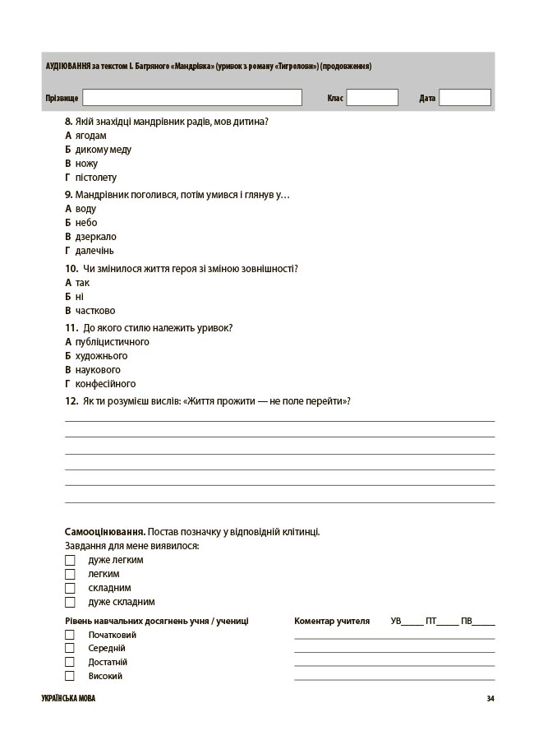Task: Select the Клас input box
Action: click(x=371, y=98)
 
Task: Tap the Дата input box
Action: click(x=464, y=98)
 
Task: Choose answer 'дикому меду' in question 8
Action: click(x=103, y=150)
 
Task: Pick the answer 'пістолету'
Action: click(x=95, y=178)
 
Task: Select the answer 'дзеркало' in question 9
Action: click(x=95, y=237)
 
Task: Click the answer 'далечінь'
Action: click(x=94, y=251)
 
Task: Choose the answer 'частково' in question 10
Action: click(x=94, y=311)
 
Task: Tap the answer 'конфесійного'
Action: click(x=105, y=384)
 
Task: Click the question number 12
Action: click(x=71, y=401)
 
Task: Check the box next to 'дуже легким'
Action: click(x=70, y=560)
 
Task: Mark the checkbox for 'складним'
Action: click(x=70, y=588)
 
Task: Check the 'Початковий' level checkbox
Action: click(x=70, y=635)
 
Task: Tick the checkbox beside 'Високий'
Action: click(x=70, y=676)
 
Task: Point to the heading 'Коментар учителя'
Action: click(x=332, y=621)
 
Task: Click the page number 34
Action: click(x=490, y=699)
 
